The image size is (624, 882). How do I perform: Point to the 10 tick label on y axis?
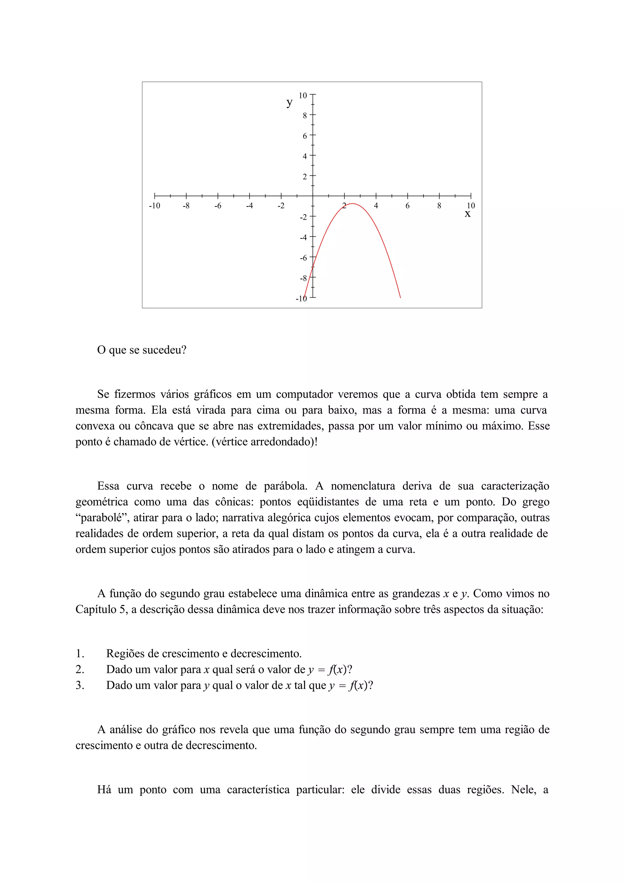[x=303, y=95]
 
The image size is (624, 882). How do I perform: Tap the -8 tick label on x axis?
[x=186, y=206]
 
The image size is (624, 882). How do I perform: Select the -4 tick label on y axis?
[x=303, y=237]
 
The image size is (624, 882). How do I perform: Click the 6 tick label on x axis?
[x=408, y=206]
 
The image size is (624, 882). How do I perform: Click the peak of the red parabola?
[x=353, y=204]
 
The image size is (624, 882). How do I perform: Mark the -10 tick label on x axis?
[x=154, y=206]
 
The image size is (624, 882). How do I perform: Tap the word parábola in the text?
[x=285, y=486]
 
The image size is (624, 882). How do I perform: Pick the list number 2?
[x=80, y=670]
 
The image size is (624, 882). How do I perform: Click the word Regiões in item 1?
[x=126, y=654]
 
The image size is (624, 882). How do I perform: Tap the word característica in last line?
[x=258, y=790]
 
